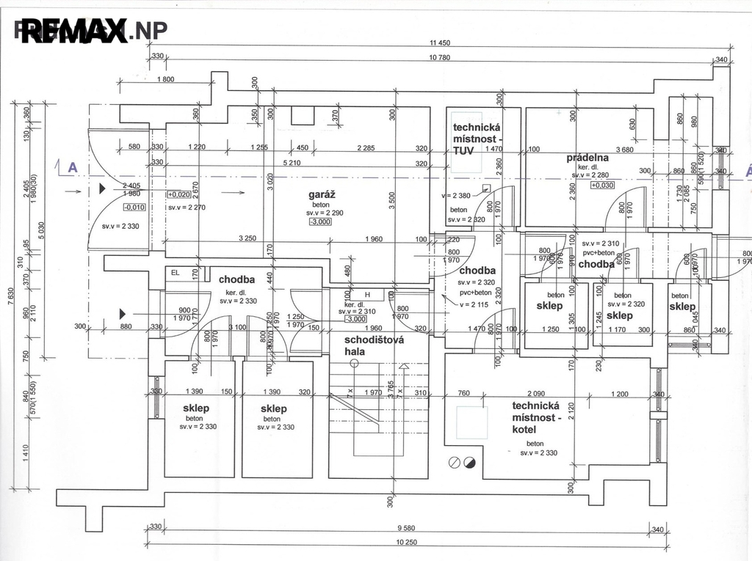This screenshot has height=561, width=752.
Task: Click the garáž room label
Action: (322, 194)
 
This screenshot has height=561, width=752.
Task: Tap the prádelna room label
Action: (588, 158)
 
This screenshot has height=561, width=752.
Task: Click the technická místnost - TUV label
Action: (477, 138)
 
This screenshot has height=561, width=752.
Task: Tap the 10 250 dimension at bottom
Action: (406, 542)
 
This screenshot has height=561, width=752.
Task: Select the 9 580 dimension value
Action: (406, 528)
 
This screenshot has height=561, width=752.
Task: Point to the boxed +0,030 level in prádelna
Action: (601, 185)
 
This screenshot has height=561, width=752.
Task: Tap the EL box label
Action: (175, 273)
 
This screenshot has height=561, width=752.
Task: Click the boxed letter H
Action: (368, 295)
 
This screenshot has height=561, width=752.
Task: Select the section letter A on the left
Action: (73, 168)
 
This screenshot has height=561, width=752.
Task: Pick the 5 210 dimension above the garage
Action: (292, 163)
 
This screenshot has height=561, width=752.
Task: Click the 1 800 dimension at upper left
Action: (165, 79)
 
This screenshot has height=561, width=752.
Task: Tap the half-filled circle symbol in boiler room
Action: (469, 463)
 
